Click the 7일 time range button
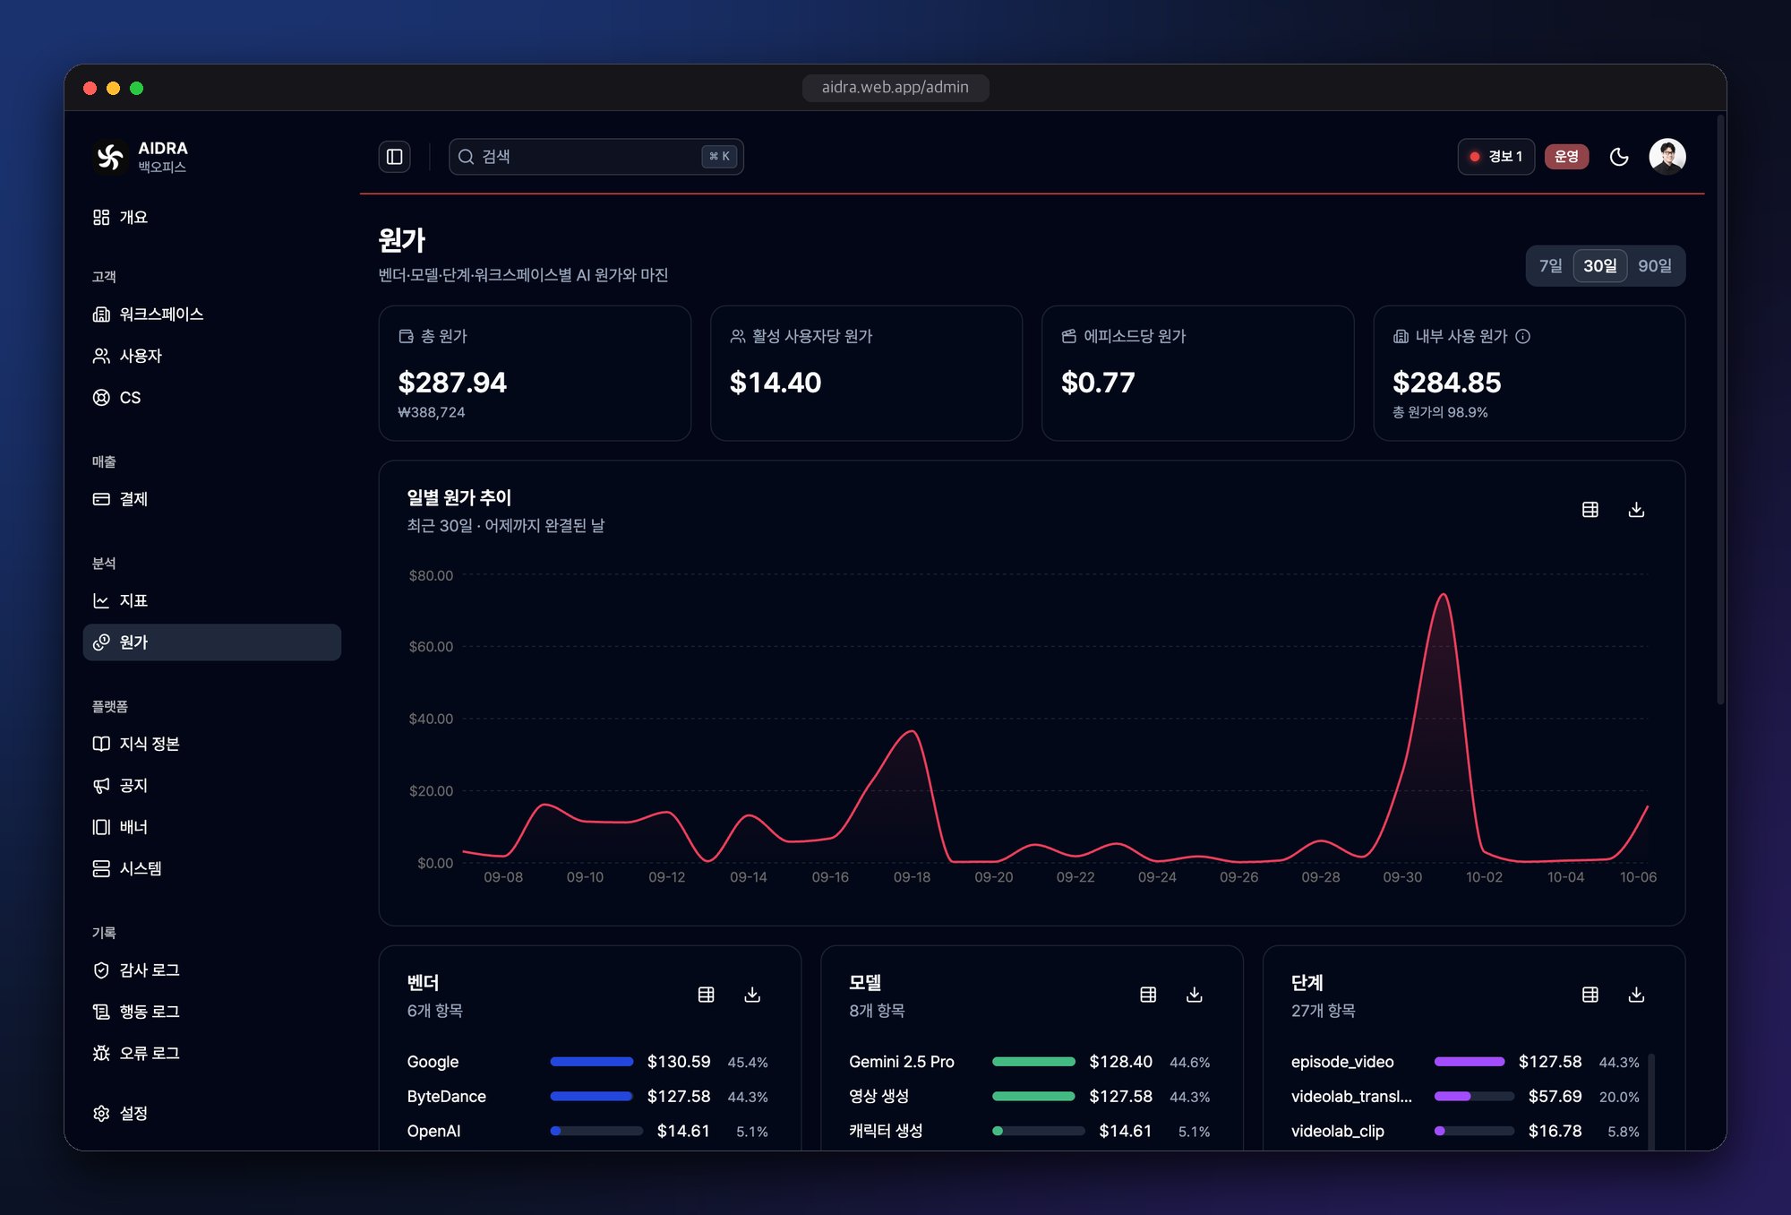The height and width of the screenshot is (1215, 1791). [1550, 266]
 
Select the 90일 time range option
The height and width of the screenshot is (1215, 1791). [1654, 266]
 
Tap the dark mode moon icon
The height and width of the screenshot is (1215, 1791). [1619, 157]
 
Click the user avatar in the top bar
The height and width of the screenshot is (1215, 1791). [1667, 157]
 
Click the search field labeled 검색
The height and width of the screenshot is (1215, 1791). [596, 157]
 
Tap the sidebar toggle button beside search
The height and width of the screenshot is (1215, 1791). [394, 157]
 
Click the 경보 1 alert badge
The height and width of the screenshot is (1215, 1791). [1495, 157]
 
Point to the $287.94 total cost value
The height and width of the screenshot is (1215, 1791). [452, 383]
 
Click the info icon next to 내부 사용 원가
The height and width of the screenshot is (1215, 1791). [1522, 336]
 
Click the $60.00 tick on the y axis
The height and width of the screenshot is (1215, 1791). [431, 647]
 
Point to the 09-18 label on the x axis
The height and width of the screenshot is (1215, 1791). [912, 877]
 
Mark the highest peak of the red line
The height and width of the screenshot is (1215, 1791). [1444, 594]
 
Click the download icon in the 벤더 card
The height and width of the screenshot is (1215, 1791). [752, 995]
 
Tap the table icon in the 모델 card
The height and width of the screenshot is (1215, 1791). [1148, 995]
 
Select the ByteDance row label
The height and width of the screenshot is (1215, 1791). [446, 1097]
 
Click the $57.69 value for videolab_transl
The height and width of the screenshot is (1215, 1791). [1555, 1097]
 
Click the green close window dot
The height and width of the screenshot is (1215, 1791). [137, 88]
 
